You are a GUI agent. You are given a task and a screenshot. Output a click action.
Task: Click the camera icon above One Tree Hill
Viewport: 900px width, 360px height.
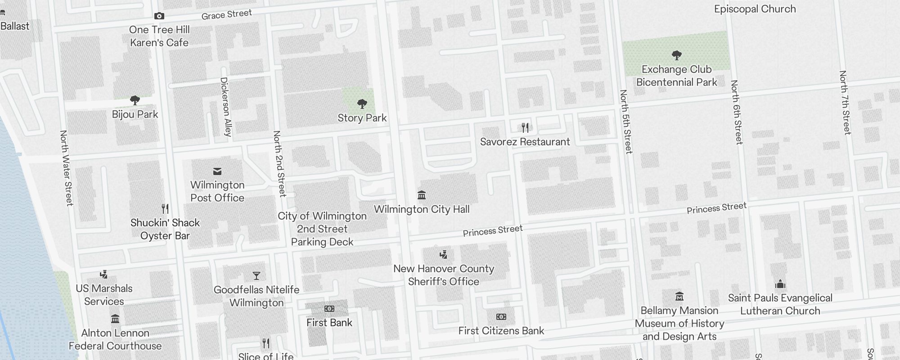pos(159,16)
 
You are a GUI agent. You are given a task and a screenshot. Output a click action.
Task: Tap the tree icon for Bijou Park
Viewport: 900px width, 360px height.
pos(135,100)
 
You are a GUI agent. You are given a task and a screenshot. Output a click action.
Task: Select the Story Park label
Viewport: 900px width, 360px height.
pos(362,118)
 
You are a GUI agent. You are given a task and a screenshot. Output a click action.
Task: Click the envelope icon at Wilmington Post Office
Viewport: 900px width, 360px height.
pos(217,171)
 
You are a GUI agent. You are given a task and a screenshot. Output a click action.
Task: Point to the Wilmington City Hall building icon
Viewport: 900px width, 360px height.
pos(422,195)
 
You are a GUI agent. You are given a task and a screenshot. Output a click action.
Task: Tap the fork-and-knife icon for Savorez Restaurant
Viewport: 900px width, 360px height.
pos(525,128)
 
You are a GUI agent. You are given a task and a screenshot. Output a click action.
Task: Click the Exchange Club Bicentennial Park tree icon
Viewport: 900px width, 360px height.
pos(676,55)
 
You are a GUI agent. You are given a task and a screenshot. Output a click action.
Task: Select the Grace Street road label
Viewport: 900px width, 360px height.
pos(226,14)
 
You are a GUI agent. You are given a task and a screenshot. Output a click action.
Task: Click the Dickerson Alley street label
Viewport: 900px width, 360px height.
pos(225,107)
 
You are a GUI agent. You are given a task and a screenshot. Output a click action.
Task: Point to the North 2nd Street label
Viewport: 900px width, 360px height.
pos(279,163)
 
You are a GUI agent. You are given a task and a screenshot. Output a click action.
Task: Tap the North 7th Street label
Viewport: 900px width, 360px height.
pos(845,102)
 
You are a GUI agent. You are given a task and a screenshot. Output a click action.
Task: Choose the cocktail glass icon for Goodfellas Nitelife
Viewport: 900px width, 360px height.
pos(256,275)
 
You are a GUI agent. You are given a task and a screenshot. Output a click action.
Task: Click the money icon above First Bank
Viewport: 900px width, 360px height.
pos(329,309)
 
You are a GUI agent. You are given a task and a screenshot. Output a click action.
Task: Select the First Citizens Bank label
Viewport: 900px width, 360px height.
pos(501,331)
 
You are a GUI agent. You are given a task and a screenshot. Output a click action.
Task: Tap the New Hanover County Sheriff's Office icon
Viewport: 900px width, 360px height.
pos(443,255)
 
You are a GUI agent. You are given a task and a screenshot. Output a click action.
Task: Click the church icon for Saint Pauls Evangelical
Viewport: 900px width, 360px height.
pos(780,284)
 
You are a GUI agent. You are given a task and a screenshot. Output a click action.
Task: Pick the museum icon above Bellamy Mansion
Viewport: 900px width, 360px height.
pos(679,296)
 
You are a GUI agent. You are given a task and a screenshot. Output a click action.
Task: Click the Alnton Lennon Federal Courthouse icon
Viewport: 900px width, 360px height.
pos(115,319)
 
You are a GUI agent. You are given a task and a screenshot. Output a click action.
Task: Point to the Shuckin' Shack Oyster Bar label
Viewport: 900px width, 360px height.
pos(165,229)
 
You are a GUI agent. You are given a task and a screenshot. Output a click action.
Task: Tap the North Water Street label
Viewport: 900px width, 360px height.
pos(67,168)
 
